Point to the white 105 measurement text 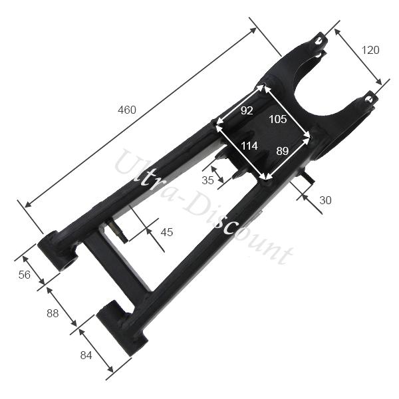[278, 119]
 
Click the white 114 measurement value [249, 146]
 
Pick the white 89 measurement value [282, 152]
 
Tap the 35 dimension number [208, 180]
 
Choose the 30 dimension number [325, 199]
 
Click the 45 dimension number [167, 232]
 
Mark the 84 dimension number [86, 355]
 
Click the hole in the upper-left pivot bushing [66, 263]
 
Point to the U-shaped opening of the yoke [326, 86]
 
